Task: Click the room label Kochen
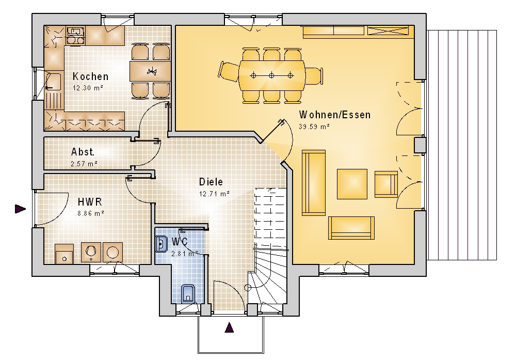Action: coord(90,76)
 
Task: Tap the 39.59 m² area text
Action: coord(314,127)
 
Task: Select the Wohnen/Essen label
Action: coord(335,115)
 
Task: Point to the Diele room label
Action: coord(211,182)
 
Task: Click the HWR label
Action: coord(90,201)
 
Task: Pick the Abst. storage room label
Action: coord(83,152)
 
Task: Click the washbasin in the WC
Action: coord(161,244)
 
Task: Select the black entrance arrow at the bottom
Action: coord(229,328)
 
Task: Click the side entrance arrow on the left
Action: coord(21,209)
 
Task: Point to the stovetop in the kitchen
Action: coord(76,36)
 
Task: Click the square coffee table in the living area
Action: coord(352,184)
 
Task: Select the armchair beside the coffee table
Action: coord(386,184)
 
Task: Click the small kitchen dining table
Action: coord(150,71)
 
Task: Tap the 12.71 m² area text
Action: coord(214,194)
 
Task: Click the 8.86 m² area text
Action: coord(91,213)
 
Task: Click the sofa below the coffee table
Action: coord(351,228)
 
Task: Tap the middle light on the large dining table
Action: coord(271,76)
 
